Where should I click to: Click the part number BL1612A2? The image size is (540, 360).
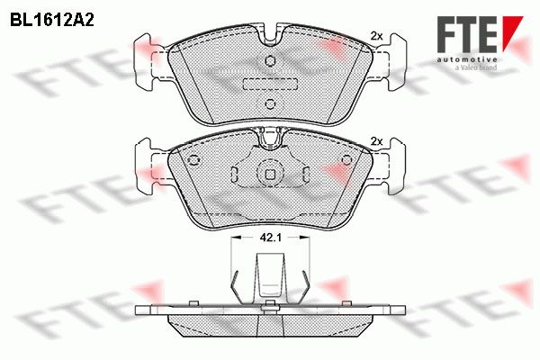pyautogui.click(x=52, y=21)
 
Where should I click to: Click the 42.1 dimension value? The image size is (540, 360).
pyautogui.click(x=271, y=238)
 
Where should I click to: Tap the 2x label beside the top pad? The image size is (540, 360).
pyautogui.click(x=377, y=36)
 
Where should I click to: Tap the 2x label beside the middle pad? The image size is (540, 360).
pyautogui.click(x=377, y=141)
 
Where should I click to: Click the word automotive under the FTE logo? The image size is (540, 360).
pyautogui.click(x=466, y=59)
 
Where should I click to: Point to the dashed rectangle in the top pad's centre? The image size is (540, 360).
pyautogui.click(x=270, y=84)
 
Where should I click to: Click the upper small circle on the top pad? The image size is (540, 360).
pyautogui.click(x=270, y=61)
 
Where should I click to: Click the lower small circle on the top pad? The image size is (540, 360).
pyautogui.click(x=270, y=103)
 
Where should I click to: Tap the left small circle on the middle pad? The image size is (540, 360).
pyautogui.click(x=193, y=160)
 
